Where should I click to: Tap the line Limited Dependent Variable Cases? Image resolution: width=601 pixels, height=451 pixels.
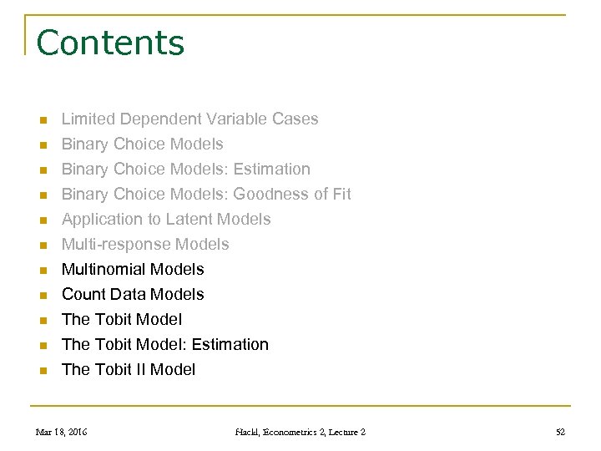coord(189,119)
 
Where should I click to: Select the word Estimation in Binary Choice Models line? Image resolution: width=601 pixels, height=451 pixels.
coord(271,170)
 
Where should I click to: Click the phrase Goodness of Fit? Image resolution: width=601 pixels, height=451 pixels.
coord(292,195)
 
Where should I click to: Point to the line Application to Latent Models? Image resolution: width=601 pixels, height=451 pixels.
coord(166,220)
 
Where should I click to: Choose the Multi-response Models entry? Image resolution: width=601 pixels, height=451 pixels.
coord(145,245)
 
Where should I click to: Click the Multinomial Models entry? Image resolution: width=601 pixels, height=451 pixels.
coord(133,270)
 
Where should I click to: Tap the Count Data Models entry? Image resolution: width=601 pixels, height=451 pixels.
coord(133,295)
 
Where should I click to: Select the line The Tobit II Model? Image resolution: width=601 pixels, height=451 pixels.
coord(129,370)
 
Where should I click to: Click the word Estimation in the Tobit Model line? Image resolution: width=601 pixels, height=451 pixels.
coord(230,345)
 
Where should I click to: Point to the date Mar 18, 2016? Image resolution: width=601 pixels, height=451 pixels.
coord(61,432)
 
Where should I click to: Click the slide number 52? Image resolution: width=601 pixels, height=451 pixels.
coord(560,432)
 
